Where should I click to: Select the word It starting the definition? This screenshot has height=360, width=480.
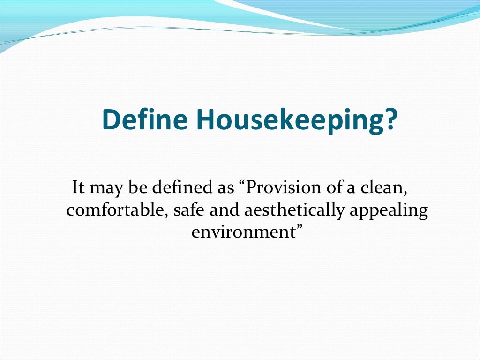[78, 188]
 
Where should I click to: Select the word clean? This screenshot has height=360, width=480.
[379, 188]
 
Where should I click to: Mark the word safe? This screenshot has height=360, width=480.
[187, 210]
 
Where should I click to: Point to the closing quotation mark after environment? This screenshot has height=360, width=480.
[295, 229]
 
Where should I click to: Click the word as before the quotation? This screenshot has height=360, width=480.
[218, 189]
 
